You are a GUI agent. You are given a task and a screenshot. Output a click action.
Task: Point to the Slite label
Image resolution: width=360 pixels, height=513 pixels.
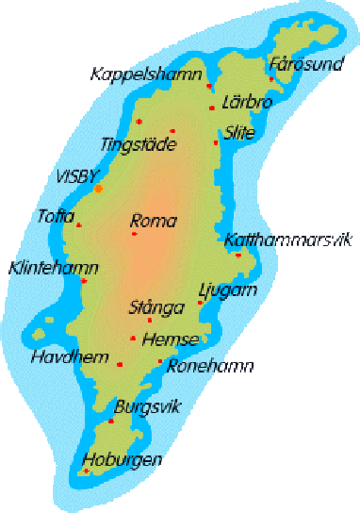point(239,133)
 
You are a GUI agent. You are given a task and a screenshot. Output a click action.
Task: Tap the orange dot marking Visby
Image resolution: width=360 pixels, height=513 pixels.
point(99,189)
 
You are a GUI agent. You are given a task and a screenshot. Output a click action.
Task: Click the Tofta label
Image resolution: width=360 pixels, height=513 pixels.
point(56,216)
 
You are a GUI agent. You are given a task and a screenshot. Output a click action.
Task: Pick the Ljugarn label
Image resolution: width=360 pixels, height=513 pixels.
point(228,290)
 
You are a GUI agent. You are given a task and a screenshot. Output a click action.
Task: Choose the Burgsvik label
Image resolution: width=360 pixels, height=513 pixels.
point(146,407)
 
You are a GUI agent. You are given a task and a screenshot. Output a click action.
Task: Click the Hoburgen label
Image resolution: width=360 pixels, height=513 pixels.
point(122,460)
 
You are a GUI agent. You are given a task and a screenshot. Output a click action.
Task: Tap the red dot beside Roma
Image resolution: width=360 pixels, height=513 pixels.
point(134,233)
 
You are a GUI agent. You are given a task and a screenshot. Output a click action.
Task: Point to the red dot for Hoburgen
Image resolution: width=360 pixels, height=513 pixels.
point(88,470)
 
